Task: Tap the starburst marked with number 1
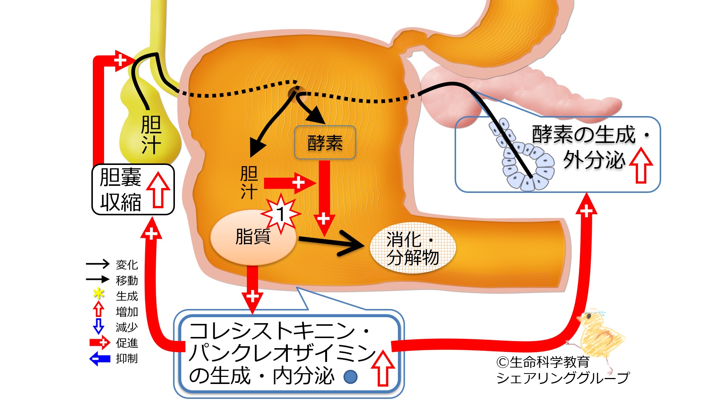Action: [x=281, y=214]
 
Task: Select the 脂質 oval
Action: [x=253, y=237]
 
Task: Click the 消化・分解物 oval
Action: [x=412, y=248]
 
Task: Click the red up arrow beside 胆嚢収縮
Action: [x=158, y=189]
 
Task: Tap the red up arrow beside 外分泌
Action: [x=641, y=165]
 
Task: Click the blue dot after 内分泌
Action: [x=350, y=377]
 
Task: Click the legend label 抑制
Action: [x=127, y=359]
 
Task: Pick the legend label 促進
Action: [x=127, y=343]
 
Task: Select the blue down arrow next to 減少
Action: [x=98, y=326]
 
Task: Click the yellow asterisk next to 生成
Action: [x=98, y=294]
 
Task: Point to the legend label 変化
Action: [x=127, y=265]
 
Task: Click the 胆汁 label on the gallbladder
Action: [x=151, y=134]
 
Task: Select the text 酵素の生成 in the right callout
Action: [x=583, y=135]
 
